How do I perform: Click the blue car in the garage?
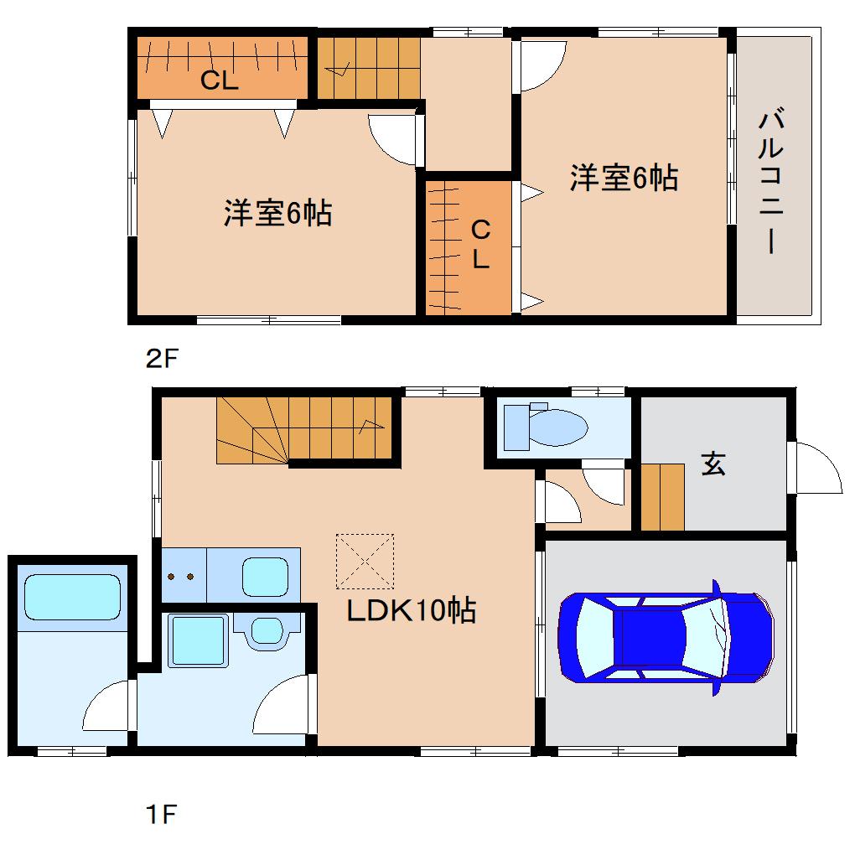666,637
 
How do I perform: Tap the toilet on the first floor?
546,427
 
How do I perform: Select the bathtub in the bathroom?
72,597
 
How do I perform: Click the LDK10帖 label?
412,610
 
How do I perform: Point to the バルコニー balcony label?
771,181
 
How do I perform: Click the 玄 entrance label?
713,464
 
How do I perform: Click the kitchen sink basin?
265,577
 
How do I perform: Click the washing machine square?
198,640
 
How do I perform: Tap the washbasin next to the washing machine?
267,630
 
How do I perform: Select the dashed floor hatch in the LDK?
365,561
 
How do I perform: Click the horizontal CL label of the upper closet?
220,80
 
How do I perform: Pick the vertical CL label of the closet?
480,244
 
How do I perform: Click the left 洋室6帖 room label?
277,213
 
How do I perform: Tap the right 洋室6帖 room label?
624,178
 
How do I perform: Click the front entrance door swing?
816,468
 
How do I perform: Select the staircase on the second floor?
369,68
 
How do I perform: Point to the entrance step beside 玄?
662,497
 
